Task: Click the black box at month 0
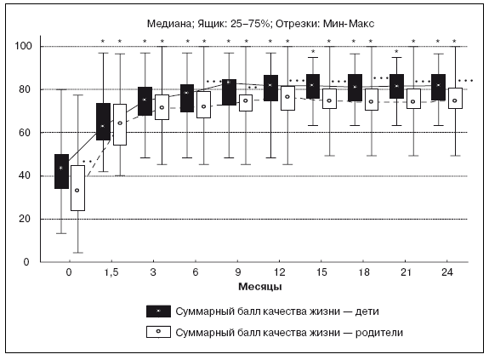(61, 171)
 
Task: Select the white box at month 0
(77, 188)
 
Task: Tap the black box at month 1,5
(103, 122)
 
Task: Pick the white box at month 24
(455, 98)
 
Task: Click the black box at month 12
(270, 88)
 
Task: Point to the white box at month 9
(246, 103)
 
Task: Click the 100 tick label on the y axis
(24, 46)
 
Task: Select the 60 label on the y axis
(26, 133)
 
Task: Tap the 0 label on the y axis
(26, 262)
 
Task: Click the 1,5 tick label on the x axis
(111, 272)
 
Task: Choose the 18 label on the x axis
(364, 272)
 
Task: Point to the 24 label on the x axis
(446, 272)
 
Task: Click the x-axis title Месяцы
(260, 287)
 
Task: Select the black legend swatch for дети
(158, 311)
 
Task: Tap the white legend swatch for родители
(158, 332)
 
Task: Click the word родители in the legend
(379, 333)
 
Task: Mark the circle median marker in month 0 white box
(77, 191)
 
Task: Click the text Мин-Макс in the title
(349, 24)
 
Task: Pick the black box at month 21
(396, 87)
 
